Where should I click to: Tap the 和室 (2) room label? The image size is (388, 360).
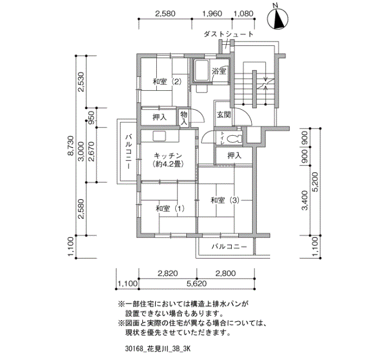pyautogui.click(x=167, y=81)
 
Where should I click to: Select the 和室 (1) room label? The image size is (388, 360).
pyautogui.click(x=170, y=208)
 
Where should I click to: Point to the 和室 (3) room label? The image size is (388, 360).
pyautogui.click(x=225, y=200)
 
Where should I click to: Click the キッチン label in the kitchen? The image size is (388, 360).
pyautogui.click(x=168, y=156)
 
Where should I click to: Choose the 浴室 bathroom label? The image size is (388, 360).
pyautogui.click(x=219, y=71)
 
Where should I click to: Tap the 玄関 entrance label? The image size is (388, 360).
pyautogui.click(x=224, y=115)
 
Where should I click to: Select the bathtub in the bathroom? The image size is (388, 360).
pyautogui.click(x=201, y=70)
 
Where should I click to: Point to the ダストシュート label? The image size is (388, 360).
pyautogui.click(x=228, y=34)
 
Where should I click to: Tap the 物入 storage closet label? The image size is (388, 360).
pyautogui.click(x=184, y=118)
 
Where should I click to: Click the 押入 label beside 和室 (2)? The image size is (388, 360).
pyautogui.click(x=160, y=117)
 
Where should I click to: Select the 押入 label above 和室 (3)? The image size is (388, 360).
pyautogui.click(x=234, y=155)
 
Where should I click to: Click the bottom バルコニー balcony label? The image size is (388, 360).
pyautogui.click(x=229, y=246)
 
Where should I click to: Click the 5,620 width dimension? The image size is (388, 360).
pyautogui.click(x=197, y=284)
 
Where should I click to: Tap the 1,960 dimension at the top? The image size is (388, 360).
pyautogui.click(x=212, y=13)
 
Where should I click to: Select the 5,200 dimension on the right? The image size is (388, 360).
pyautogui.click(x=315, y=182)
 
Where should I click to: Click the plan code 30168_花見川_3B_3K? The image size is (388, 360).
pyautogui.click(x=157, y=349)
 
